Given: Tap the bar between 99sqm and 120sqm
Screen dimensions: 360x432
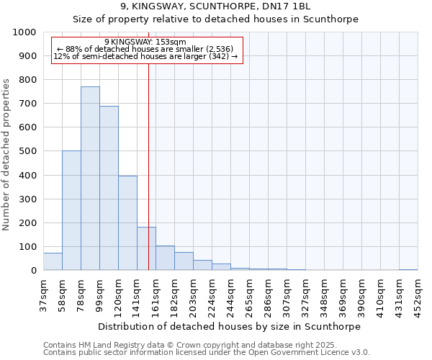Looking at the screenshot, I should pyautogui.click(x=109, y=188).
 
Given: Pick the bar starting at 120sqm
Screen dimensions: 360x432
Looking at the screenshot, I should pyautogui.click(x=127, y=223).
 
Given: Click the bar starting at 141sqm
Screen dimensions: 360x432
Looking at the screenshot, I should pyautogui.click(x=146, y=248).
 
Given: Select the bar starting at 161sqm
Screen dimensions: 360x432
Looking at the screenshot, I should pyautogui.click(x=165, y=258).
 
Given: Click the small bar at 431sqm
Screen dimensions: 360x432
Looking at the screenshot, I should pyautogui.click(x=408, y=269).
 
